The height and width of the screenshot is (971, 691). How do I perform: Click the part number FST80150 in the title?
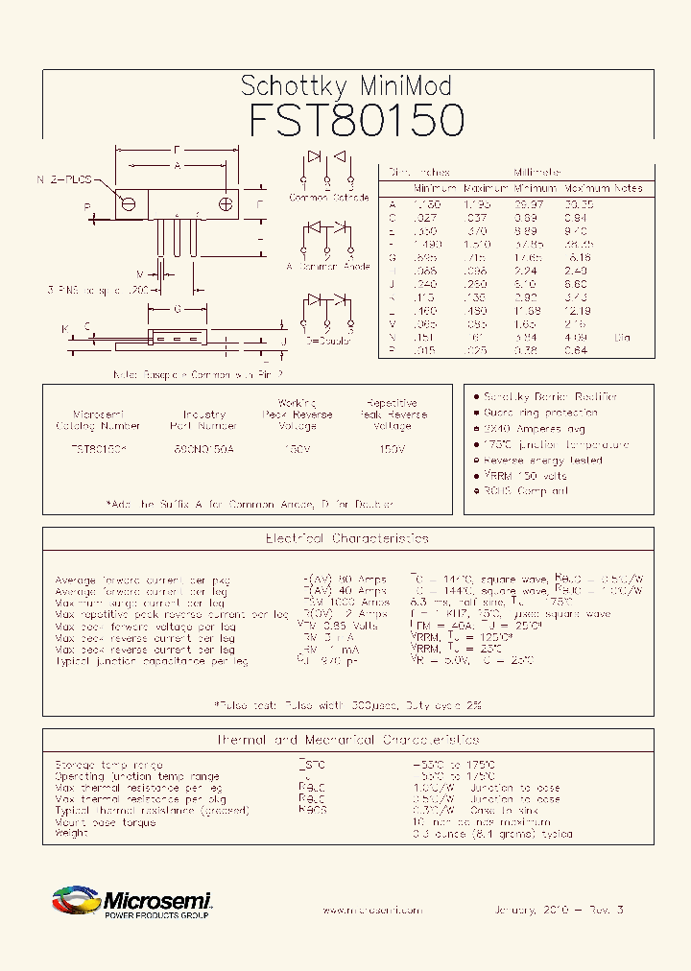[x=357, y=121]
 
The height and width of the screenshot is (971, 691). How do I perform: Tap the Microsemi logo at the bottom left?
[x=131, y=903]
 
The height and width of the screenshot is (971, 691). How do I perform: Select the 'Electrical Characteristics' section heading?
[x=346, y=539]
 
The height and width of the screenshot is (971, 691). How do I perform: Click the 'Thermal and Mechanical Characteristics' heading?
[x=346, y=740]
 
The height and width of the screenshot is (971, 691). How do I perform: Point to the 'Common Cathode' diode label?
[x=329, y=198]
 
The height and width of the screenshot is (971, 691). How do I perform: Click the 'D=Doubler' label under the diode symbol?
[x=328, y=340]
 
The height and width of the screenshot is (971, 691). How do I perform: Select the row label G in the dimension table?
[x=392, y=257]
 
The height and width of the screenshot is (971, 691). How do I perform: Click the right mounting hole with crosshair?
[x=226, y=203]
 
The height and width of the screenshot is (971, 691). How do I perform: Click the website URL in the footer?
[x=371, y=910]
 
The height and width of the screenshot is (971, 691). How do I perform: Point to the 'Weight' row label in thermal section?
[x=72, y=833]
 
